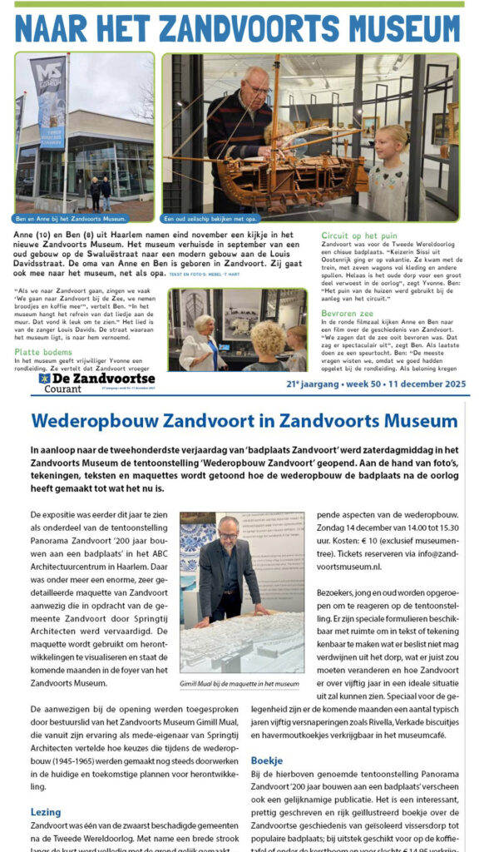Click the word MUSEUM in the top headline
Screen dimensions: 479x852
pyautogui.click(x=391, y=29)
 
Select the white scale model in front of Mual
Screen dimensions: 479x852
pyautogui.click(x=241, y=641)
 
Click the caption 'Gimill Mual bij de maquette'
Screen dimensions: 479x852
pyautogui.click(x=239, y=683)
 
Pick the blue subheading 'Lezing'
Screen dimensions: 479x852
pyautogui.click(x=46, y=811)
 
